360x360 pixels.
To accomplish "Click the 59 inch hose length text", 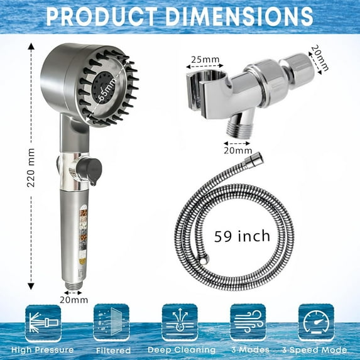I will (242, 236).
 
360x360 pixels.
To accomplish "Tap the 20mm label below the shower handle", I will (75, 300).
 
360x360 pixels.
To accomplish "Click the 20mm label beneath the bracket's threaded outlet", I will (238, 151).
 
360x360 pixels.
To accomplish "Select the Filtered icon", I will (111, 323).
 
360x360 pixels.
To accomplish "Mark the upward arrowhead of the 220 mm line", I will (31, 46).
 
